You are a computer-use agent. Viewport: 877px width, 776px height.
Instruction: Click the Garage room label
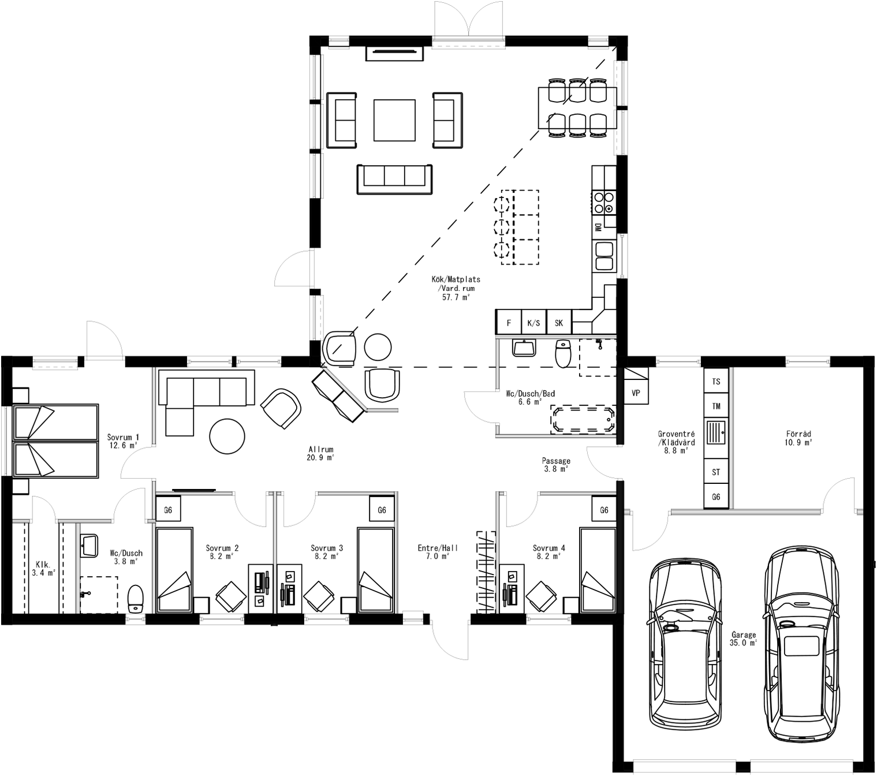tap(743, 638)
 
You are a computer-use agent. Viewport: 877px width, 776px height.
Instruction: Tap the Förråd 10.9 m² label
tap(798, 438)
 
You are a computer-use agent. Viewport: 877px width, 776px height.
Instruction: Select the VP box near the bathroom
tap(636, 393)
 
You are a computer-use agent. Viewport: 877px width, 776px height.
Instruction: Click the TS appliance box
tap(716, 382)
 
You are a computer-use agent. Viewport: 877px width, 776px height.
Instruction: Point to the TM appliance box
tap(716, 406)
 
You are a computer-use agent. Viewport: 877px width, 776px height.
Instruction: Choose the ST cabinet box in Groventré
tap(716, 472)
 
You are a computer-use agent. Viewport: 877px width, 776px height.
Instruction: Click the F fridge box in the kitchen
tap(509, 323)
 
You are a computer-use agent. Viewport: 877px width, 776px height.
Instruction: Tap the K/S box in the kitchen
tap(533, 323)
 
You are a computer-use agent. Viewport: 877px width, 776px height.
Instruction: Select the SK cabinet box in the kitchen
tap(559, 323)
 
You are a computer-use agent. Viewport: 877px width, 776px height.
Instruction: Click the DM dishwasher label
tap(598, 227)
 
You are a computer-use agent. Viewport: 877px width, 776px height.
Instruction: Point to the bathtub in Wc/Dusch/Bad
tap(583, 420)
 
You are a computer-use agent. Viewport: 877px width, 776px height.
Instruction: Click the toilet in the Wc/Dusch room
tap(135, 599)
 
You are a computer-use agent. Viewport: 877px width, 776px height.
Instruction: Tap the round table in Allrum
tap(227, 436)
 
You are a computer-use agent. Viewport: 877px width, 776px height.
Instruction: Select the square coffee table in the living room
tap(394, 120)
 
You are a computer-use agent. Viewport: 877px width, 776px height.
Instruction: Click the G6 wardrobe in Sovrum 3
tap(382, 510)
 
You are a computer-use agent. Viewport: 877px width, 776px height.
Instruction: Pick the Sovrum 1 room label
tap(123, 441)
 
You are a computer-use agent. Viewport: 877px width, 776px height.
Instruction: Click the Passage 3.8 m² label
tap(556, 465)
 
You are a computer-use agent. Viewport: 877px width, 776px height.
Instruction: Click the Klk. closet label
tap(43, 568)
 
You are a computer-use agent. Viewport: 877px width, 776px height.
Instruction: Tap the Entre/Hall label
tap(438, 552)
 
